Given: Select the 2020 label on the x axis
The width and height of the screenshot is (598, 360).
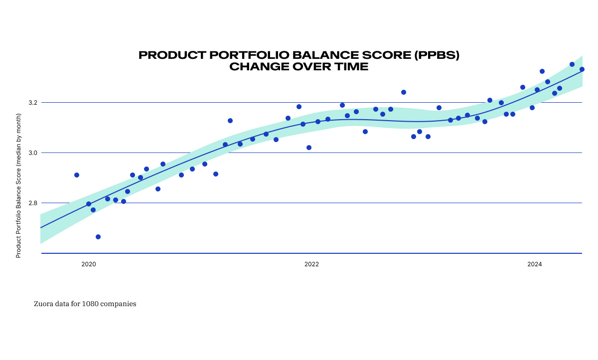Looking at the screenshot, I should [89, 264].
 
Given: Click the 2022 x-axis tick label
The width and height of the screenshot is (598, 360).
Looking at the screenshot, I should [311, 264].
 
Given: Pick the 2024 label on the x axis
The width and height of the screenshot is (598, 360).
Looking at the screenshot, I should [535, 264].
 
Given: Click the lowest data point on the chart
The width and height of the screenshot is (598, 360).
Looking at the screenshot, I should [98, 237].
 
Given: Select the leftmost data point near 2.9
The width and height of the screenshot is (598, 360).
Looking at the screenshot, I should [77, 175].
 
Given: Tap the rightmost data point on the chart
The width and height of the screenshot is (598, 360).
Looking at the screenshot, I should [582, 69].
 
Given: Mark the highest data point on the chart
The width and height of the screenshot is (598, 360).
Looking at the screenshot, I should [572, 64].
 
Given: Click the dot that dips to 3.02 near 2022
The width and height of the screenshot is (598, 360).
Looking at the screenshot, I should [309, 148].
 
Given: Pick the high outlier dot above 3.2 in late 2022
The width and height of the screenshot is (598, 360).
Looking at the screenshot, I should [404, 92].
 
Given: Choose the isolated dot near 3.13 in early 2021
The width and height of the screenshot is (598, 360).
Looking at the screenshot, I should [230, 121].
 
